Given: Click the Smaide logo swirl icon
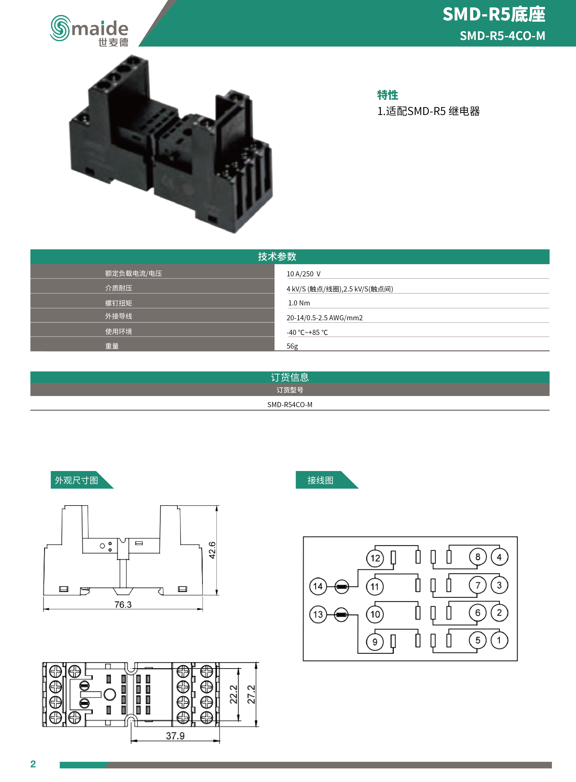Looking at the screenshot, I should tap(60, 28).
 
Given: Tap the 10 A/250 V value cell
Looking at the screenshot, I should tap(303, 274).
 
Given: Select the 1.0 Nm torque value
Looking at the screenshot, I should tap(299, 303).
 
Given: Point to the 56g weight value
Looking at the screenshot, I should tap(292, 346).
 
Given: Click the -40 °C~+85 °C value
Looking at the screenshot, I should tap(307, 332).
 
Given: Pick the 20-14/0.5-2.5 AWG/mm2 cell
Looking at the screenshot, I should tap(324, 317).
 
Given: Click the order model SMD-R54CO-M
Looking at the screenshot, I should tap(290, 404).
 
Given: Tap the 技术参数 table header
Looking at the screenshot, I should tap(277, 256).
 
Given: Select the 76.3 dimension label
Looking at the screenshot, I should tap(123, 604).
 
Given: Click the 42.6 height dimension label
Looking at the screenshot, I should tap(212, 550).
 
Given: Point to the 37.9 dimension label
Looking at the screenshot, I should tap(175, 736).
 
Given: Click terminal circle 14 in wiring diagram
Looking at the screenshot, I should tap(318, 586).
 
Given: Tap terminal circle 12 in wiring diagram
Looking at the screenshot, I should tap(375, 558).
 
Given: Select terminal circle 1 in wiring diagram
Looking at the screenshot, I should tap(499, 640).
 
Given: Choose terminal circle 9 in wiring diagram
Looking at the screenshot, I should tap(375, 642).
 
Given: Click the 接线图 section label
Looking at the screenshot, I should tap(320, 480).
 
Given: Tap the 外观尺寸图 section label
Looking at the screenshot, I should tap(76, 480).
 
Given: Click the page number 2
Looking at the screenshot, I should tap(33, 764).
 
